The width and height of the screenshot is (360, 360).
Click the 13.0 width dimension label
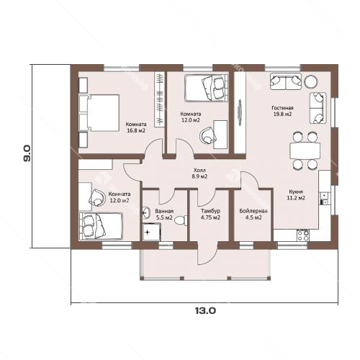tap(205, 311)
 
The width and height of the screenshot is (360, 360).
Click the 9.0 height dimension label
tap(27, 153)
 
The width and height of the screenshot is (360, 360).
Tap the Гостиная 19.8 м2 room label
tap(282, 111)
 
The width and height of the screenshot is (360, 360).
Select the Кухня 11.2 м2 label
tap(296, 195)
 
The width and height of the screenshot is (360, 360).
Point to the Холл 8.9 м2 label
tap(199, 174)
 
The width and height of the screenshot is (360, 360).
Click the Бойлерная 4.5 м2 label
tap(253, 215)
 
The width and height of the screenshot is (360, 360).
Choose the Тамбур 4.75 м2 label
tap(210, 215)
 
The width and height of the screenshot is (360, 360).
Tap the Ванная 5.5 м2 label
tap(164, 215)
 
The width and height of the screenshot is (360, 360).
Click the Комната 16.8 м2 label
tap(136, 127)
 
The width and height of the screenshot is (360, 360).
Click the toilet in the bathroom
tap(181, 220)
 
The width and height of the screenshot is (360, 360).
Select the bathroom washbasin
tap(146, 212)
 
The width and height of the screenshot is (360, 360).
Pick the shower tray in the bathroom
tap(151, 232)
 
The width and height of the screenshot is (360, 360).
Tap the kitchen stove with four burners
tap(303, 235)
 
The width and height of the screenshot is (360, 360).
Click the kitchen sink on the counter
tap(324, 199)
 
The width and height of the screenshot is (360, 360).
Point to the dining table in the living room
tap(305, 150)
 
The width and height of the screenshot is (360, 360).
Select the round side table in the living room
tap(311, 81)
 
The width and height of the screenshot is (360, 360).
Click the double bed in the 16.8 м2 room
tap(99, 112)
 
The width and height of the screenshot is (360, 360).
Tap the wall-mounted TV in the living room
tap(240, 112)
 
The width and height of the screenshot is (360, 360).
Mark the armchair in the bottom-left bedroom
tap(97, 197)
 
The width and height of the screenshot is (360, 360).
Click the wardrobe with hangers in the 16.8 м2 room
tap(160, 99)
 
